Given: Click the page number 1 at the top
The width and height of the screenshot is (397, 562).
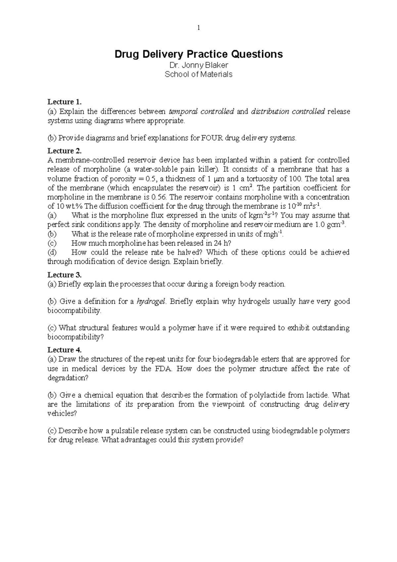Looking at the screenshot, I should [198, 28].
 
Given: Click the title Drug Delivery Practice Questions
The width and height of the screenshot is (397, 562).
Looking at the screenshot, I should [198, 54].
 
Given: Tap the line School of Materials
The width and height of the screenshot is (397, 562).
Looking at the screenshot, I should [198, 74].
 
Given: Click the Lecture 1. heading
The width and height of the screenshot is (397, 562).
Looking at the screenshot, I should [64, 102].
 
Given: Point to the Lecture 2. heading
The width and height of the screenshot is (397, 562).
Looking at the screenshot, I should [64, 151].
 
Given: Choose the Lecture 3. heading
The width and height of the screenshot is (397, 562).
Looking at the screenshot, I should [64, 275].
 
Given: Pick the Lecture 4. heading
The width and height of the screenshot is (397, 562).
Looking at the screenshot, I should [64, 350].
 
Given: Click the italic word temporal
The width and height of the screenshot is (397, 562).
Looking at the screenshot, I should [182, 111].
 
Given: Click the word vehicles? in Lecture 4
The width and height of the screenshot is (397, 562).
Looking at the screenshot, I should [62, 414].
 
